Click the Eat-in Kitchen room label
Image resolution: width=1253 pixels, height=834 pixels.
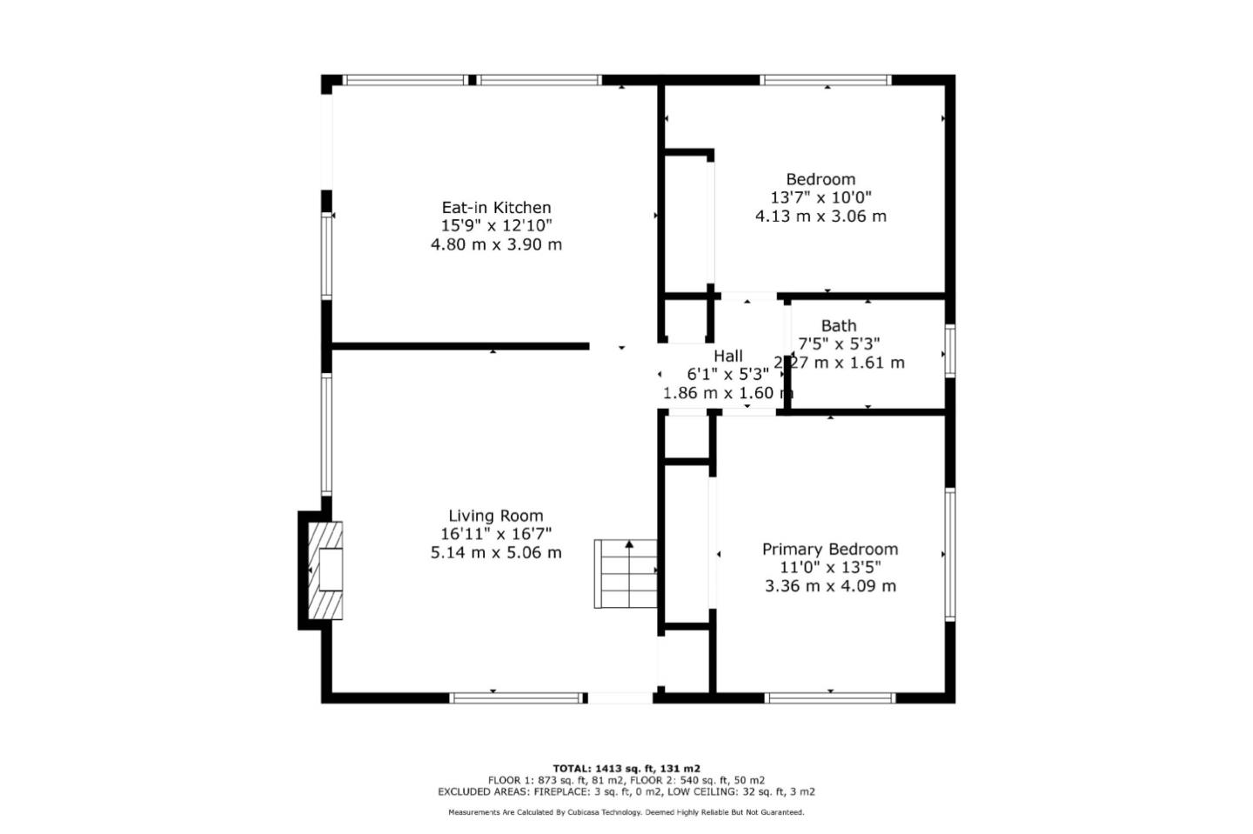(x=496, y=208)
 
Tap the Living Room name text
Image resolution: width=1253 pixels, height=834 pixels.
(x=495, y=516)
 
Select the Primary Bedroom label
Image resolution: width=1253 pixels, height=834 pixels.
(x=830, y=549)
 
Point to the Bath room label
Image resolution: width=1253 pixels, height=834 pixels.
(x=838, y=325)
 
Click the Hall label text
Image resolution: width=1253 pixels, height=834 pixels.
(x=728, y=356)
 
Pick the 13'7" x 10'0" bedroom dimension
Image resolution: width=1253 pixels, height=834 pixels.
(x=821, y=197)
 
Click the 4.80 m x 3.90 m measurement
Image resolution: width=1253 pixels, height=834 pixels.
(x=496, y=244)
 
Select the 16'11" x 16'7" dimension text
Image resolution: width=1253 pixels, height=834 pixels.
(x=495, y=534)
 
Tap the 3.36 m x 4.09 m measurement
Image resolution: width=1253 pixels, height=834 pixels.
(x=830, y=585)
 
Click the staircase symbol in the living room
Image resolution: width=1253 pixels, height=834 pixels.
(x=626, y=574)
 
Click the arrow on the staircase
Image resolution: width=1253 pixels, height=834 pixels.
(x=629, y=545)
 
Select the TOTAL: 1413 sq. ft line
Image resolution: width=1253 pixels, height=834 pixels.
(x=626, y=769)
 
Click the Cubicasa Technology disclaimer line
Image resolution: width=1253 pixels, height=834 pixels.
(x=626, y=812)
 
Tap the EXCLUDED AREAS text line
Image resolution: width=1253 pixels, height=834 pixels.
(x=626, y=792)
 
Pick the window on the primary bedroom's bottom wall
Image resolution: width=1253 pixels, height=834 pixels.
(x=830, y=697)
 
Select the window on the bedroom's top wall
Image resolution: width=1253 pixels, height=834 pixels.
(x=826, y=80)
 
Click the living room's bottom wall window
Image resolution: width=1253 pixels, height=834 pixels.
(x=517, y=697)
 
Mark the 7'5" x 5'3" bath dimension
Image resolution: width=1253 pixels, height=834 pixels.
(x=839, y=344)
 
